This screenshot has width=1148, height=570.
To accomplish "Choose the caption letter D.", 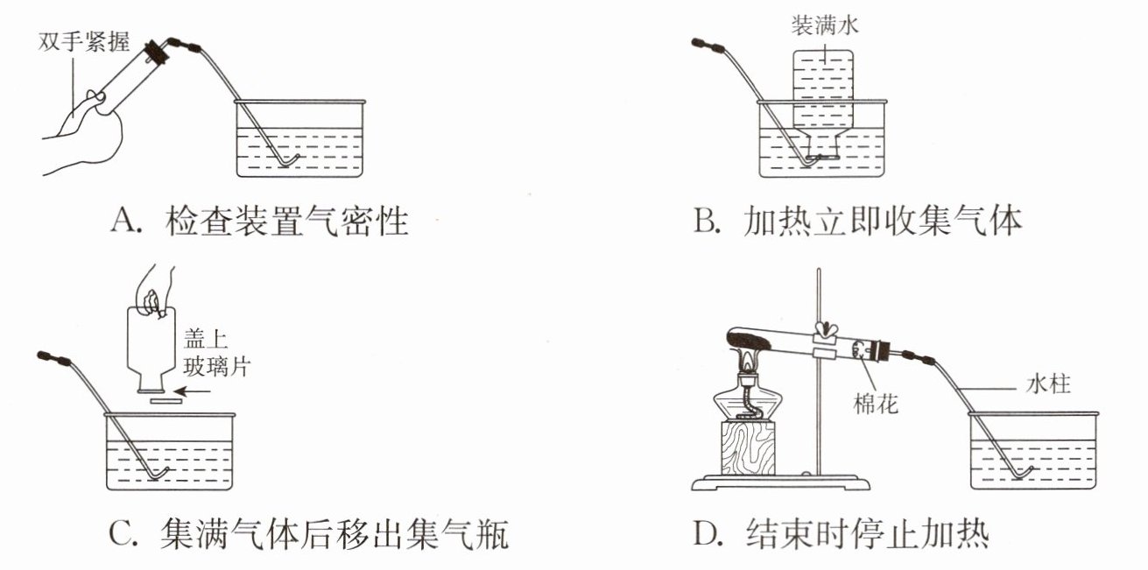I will pyautogui.click(x=706, y=532).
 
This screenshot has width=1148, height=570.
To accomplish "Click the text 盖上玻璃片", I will pyautogui.click(x=217, y=352).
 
